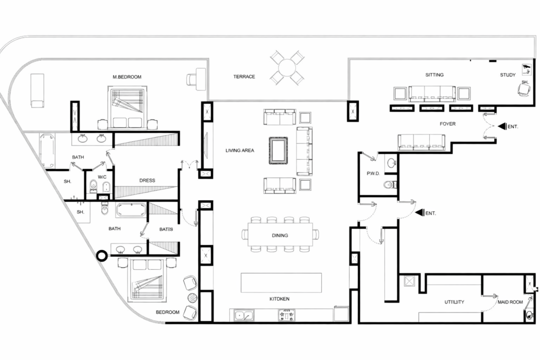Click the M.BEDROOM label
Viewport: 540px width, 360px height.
click(x=127, y=77)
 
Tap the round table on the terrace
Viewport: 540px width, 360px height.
click(x=287, y=67)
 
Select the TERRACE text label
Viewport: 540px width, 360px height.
click(x=244, y=77)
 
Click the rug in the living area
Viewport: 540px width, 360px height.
click(x=278, y=150)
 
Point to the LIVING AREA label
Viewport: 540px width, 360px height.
click(x=240, y=151)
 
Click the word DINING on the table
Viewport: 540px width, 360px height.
click(x=279, y=236)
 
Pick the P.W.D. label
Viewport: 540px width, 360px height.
click(x=374, y=174)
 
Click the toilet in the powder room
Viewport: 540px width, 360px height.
click(x=390, y=184)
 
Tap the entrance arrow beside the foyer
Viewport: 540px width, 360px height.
click(x=502, y=127)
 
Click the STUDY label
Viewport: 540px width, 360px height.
click(x=508, y=75)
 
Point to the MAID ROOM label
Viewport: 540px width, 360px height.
click(x=510, y=303)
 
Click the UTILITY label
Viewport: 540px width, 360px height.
click(x=454, y=302)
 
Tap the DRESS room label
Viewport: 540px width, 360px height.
click(x=147, y=180)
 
